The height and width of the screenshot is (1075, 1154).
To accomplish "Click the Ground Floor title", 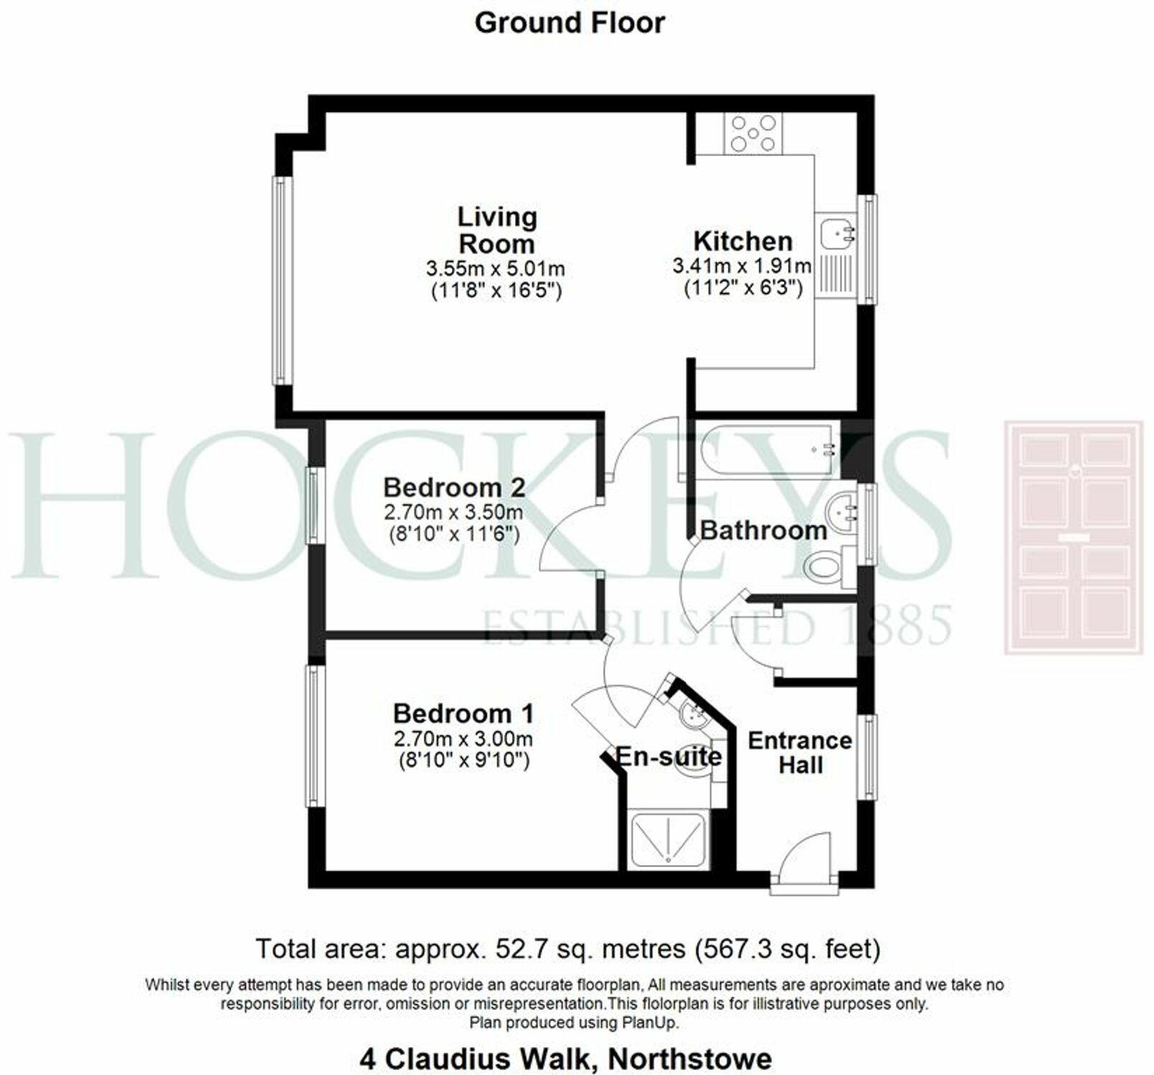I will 569,23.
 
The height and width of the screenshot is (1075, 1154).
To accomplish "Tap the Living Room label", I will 497,229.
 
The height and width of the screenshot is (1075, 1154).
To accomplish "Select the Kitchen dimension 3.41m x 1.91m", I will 742,267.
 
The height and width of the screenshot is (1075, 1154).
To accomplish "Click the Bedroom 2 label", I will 454,487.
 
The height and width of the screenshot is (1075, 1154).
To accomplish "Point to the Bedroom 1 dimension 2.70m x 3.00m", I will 463,738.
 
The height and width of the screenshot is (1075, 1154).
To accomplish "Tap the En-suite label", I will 668,756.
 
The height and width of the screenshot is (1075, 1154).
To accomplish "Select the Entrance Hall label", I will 800,752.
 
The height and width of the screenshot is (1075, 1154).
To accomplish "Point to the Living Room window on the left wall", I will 282,281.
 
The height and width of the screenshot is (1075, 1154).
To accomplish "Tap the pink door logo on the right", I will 1073,537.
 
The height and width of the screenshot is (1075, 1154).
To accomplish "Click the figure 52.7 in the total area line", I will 515,949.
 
